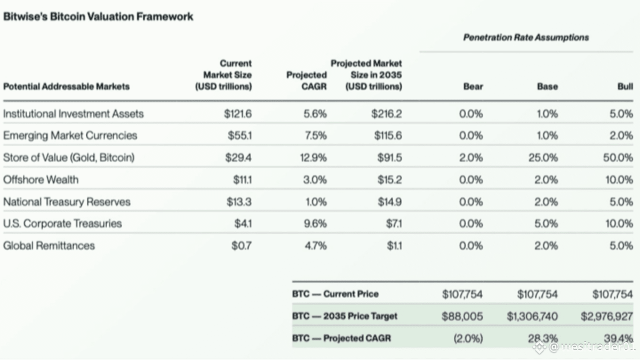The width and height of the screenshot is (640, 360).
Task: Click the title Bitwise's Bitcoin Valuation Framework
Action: pyautogui.click(x=98, y=16)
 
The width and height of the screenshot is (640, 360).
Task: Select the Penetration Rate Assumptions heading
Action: pyautogui.click(x=526, y=37)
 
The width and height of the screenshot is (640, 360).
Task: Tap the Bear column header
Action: pyautogui.click(x=473, y=86)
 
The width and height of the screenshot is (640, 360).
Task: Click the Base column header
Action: pyautogui.click(x=547, y=86)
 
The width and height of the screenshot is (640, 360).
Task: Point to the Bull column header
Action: pyautogui.click(x=625, y=86)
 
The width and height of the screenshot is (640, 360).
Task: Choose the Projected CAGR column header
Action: pyautogui.click(x=306, y=80)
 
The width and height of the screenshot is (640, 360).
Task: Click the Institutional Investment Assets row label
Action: pyautogui.click(x=73, y=113)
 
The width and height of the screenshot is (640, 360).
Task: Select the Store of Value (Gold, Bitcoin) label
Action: pyautogui.click(x=69, y=157)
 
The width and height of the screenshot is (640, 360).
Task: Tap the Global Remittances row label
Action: pyautogui.click(x=49, y=245)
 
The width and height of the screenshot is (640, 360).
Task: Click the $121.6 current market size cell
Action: pyautogui.click(x=237, y=113)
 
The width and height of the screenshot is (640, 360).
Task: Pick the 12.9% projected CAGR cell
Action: pyautogui.click(x=313, y=157)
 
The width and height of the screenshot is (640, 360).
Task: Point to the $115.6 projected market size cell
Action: pyautogui.click(x=388, y=135)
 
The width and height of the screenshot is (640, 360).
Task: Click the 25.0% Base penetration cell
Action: pyautogui.click(x=543, y=157)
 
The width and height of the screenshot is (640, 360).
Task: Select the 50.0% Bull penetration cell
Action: pyautogui.click(x=618, y=157)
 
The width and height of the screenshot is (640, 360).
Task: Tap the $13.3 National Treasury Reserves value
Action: pyautogui.click(x=239, y=201)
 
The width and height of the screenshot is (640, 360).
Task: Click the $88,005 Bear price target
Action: pyautogui.click(x=462, y=316)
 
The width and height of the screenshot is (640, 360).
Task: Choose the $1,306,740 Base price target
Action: pyautogui.click(x=532, y=316)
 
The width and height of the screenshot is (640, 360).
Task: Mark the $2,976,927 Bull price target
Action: pyautogui.click(x=607, y=316)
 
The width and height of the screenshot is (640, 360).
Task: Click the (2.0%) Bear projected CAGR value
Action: pyautogui.click(x=468, y=338)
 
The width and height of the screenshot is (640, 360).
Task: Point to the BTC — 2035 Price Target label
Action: pyautogui.click(x=344, y=316)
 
